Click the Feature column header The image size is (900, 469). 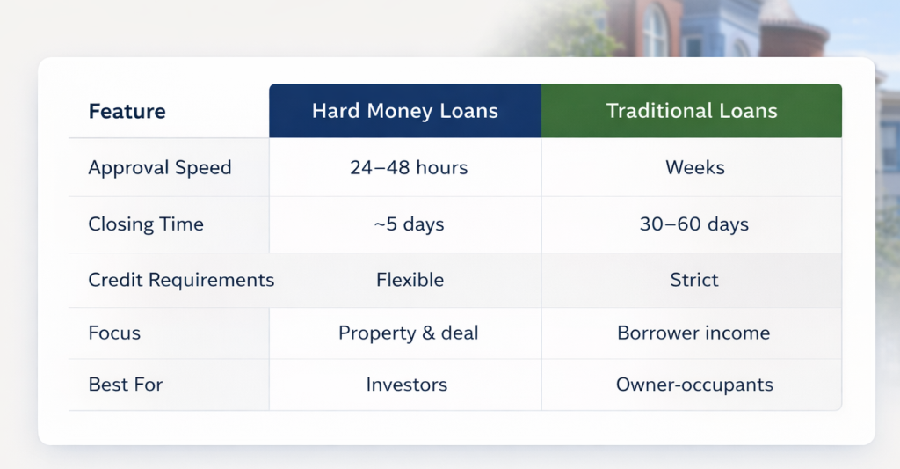click(127, 112)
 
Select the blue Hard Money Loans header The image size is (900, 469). click(405, 111)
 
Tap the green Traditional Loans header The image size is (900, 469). click(692, 111)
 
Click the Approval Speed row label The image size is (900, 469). click(159, 167)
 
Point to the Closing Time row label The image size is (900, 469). click(146, 224)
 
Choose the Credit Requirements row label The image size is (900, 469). click(181, 280)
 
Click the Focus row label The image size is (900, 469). click(114, 333)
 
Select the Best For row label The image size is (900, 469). click(126, 385)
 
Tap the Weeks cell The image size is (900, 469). click(694, 167)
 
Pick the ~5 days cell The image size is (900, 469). click(409, 224)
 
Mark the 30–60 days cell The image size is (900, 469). click(694, 224)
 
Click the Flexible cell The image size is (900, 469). click(410, 280)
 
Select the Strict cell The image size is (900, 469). click(693, 280)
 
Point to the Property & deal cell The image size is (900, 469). click(408, 333)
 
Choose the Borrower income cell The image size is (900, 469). click(693, 333)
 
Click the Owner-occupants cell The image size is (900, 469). click(694, 385)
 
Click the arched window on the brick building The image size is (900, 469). click(655, 31)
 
